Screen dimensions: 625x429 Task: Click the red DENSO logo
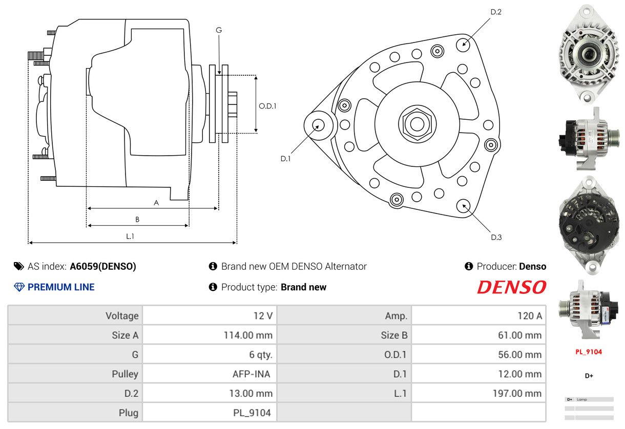(511, 287)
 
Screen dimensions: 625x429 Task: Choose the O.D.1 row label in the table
(395, 354)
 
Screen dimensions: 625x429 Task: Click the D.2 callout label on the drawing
(496, 12)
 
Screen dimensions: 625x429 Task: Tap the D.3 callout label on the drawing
(496, 237)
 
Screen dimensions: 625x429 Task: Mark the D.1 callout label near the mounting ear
(285, 159)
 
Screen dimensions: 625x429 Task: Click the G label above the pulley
(219, 30)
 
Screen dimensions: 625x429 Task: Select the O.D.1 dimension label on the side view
(267, 106)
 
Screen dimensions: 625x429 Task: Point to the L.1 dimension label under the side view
(130, 237)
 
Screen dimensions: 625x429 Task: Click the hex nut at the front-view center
(417, 124)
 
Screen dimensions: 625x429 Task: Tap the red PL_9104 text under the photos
(589, 352)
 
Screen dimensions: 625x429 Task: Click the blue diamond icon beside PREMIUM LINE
(19, 287)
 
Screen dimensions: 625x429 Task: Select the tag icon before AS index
(18, 266)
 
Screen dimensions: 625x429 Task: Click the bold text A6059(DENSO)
(102, 267)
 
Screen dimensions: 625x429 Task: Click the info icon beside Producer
(469, 266)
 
